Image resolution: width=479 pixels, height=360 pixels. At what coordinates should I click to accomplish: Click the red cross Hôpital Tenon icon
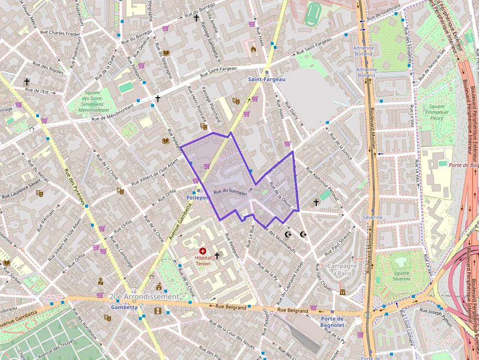pos(202,251)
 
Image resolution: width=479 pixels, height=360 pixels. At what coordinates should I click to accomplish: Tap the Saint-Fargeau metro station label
pos(266,79)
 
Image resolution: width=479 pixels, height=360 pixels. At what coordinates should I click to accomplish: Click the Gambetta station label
pos(124,308)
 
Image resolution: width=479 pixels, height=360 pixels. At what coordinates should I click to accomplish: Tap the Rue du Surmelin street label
pos(230,192)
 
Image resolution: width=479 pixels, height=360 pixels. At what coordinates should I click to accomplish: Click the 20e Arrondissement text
pos(144,297)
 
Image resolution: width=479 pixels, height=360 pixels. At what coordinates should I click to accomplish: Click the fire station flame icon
pos(253,49)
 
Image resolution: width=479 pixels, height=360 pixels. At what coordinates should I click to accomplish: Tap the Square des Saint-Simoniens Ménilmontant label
pos(92,101)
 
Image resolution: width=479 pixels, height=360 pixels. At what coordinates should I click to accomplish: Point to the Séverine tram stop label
pos(372,217)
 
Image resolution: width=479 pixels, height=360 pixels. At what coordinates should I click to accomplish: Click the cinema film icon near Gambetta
pos(158,310)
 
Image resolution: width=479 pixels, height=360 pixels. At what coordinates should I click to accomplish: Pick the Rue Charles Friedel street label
pos(58,34)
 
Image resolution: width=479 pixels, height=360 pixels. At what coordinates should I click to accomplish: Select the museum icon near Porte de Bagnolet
pos(343,292)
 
